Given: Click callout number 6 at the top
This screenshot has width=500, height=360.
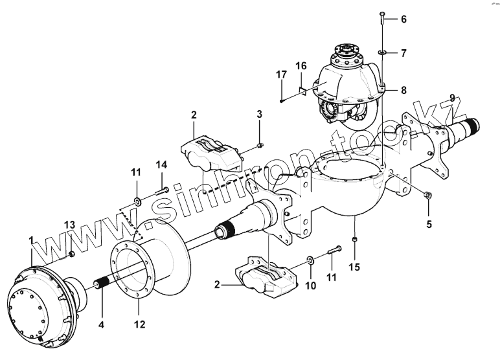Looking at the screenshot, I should click(403, 19).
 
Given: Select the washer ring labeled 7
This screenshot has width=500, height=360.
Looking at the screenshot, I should click(383, 52).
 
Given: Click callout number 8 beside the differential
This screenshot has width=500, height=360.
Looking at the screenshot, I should click(403, 90).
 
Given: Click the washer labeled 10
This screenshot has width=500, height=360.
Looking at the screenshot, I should click(312, 260).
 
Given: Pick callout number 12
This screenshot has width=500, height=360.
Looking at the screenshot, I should click(139, 323).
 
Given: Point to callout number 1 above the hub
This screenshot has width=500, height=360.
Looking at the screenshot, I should click(30, 241).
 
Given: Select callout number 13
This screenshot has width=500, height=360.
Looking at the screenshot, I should click(69, 225).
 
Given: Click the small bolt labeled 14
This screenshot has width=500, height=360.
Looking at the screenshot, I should click(163, 190).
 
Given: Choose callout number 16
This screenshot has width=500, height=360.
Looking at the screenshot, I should click(301, 66).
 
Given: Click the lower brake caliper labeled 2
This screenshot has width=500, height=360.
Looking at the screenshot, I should click(265, 276).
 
